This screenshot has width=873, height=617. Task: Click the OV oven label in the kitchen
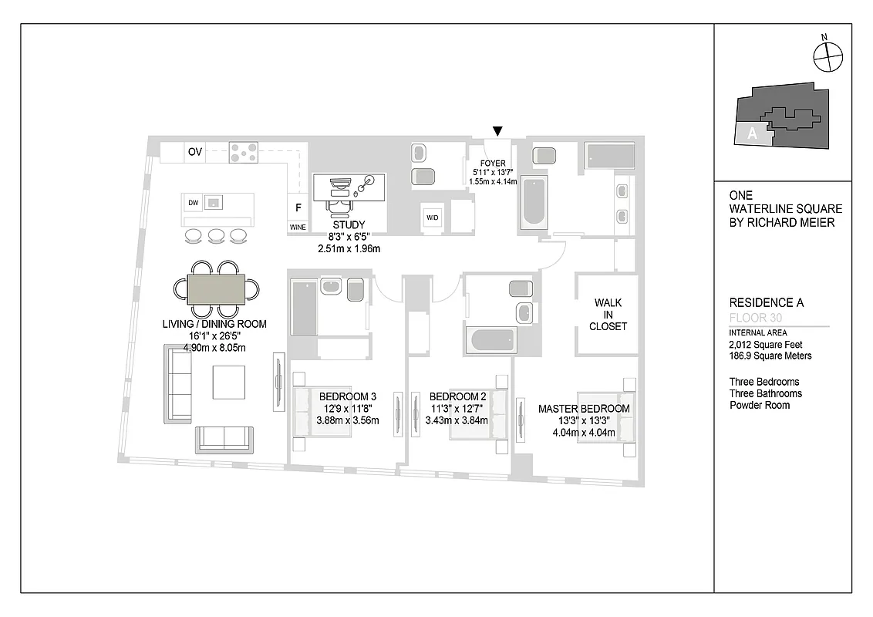194,152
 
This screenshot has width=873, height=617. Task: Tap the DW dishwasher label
193,203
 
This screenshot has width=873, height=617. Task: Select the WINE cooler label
297,228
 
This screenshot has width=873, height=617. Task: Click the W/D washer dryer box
432,218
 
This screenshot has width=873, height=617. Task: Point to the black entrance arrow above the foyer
498,131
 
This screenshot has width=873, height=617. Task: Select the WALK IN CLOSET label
608,315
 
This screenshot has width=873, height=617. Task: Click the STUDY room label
349,225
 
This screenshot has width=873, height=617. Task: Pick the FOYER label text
492,164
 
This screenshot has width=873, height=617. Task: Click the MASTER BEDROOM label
584,409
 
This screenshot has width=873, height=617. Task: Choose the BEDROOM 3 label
347,397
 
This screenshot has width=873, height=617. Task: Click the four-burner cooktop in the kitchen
243,152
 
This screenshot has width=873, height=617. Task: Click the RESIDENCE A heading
766,303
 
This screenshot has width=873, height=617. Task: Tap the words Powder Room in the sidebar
760,405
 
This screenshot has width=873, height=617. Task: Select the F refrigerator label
298,207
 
